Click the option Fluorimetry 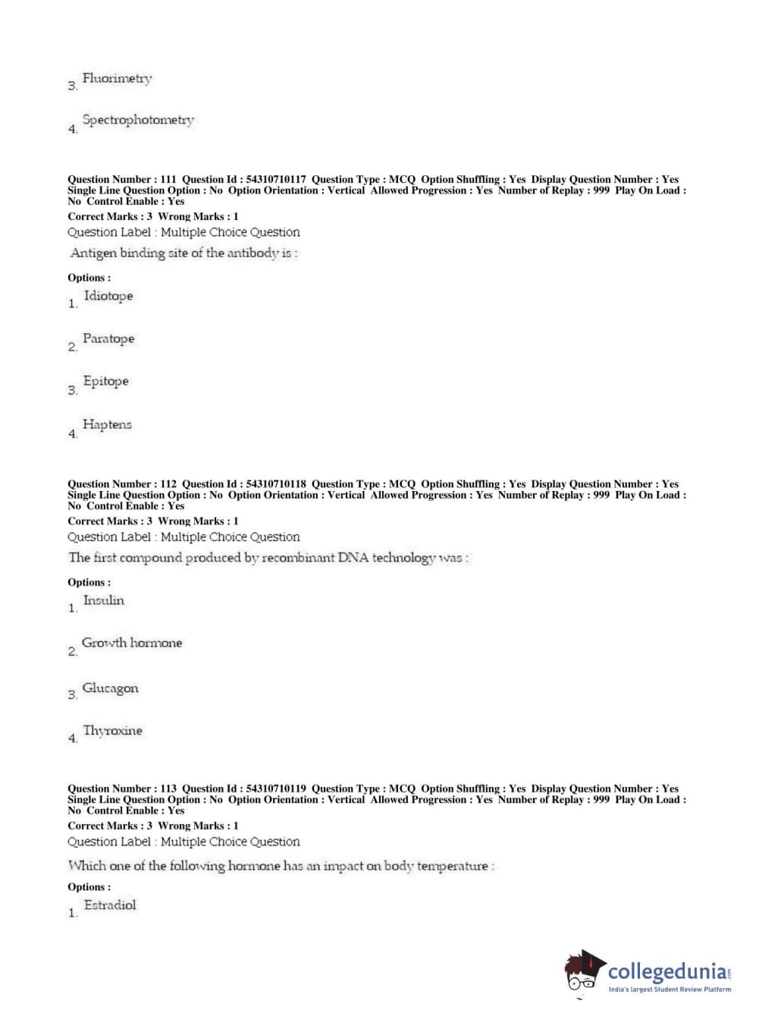point(117,78)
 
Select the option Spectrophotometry point(138,120)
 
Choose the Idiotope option point(108,296)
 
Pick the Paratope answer point(108,338)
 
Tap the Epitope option point(105,381)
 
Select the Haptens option point(107,424)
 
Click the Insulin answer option point(103,600)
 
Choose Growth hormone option point(132,643)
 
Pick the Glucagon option point(110,688)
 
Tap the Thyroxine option point(112,731)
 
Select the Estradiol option point(110,905)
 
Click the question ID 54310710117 point(276,180)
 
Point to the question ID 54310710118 point(276,484)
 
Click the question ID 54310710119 point(276,788)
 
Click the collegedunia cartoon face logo point(584,972)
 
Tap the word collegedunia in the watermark point(666,971)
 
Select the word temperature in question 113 point(453,866)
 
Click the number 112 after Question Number point(168,484)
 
